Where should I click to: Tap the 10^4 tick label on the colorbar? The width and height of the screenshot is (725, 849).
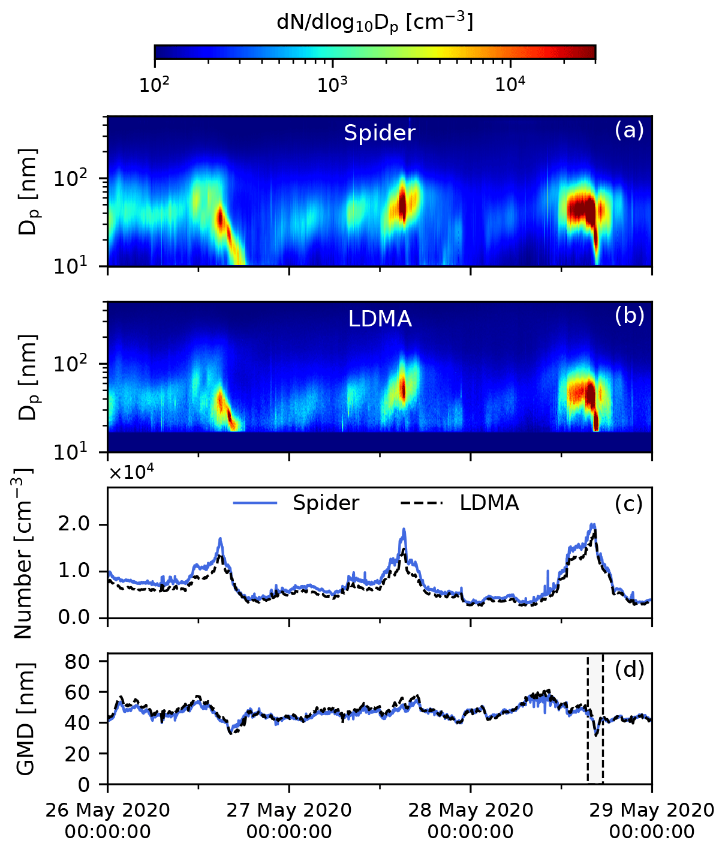[x=510, y=85]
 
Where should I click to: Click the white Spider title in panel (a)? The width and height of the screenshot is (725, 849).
[x=379, y=133]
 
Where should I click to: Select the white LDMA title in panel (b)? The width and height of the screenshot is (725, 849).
[x=380, y=319]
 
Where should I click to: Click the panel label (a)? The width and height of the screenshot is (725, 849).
[x=629, y=130]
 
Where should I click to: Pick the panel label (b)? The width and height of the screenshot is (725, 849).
[x=629, y=316]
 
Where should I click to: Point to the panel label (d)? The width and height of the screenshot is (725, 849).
[x=629, y=670]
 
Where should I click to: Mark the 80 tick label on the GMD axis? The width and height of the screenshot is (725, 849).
[x=86, y=662]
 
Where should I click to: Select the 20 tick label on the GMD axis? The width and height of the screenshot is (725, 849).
[x=86, y=754]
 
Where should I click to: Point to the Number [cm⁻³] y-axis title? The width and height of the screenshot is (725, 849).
[x=23, y=552]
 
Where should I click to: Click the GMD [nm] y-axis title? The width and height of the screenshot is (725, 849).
[x=25, y=718]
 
